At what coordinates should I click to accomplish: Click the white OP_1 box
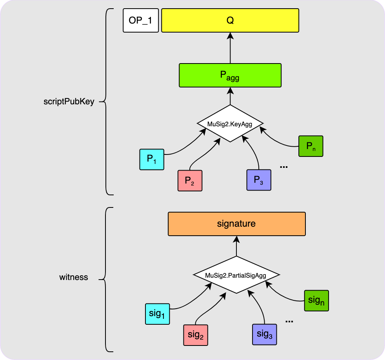140,21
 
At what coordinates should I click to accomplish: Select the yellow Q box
230,21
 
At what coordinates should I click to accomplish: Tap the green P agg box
230,75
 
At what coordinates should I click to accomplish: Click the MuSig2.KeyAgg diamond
230,124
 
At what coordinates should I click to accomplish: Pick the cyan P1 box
152,159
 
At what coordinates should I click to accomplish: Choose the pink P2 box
190,180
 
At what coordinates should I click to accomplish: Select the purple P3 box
258,180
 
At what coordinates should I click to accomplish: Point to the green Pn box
311,146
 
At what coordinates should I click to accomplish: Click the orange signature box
236,224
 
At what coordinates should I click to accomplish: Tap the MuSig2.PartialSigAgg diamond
236,275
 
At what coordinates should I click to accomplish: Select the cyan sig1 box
157,314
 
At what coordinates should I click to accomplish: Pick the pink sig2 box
195,335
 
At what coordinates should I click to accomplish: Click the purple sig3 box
264,335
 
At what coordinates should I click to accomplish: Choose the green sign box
316,301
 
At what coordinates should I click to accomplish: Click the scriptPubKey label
69,102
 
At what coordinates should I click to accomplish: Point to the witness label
74,277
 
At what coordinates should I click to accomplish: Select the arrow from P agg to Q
230,48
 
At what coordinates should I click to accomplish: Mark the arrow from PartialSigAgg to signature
236,246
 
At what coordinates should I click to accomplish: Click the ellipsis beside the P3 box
284,167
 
